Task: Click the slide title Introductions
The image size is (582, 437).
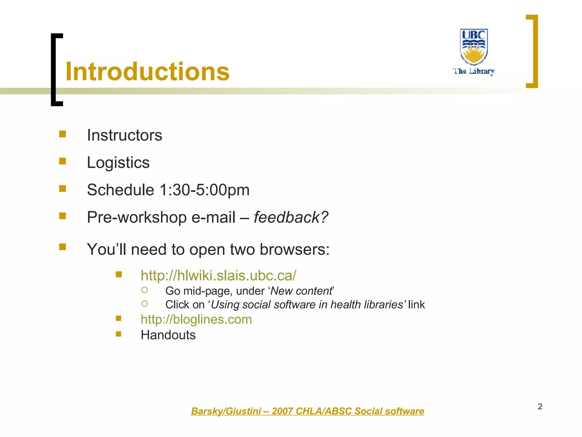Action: tap(147, 72)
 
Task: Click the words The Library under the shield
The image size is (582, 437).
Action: tap(474, 71)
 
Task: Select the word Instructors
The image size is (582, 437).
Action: tap(124, 135)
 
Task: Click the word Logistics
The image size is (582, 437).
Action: tap(118, 163)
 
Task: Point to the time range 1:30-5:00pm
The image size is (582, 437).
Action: tap(204, 190)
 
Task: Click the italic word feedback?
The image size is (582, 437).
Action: tap(291, 217)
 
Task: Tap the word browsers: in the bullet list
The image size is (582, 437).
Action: tap(294, 250)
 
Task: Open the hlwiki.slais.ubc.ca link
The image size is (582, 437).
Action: tap(218, 275)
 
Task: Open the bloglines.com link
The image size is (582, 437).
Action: tap(196, 319)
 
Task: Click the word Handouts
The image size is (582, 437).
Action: tap(168, 335)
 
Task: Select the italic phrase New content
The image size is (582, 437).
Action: tap(301, 291)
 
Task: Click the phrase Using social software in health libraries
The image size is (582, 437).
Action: tap(307, 305)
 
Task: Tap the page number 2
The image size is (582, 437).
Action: tap(540, 407)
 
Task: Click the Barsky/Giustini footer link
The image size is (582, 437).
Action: tap(307, 411)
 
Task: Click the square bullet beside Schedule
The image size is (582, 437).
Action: tap(63, 189)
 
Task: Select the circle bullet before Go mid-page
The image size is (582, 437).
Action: tap(144, 290)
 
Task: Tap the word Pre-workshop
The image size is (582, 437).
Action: tap(137, 217)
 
